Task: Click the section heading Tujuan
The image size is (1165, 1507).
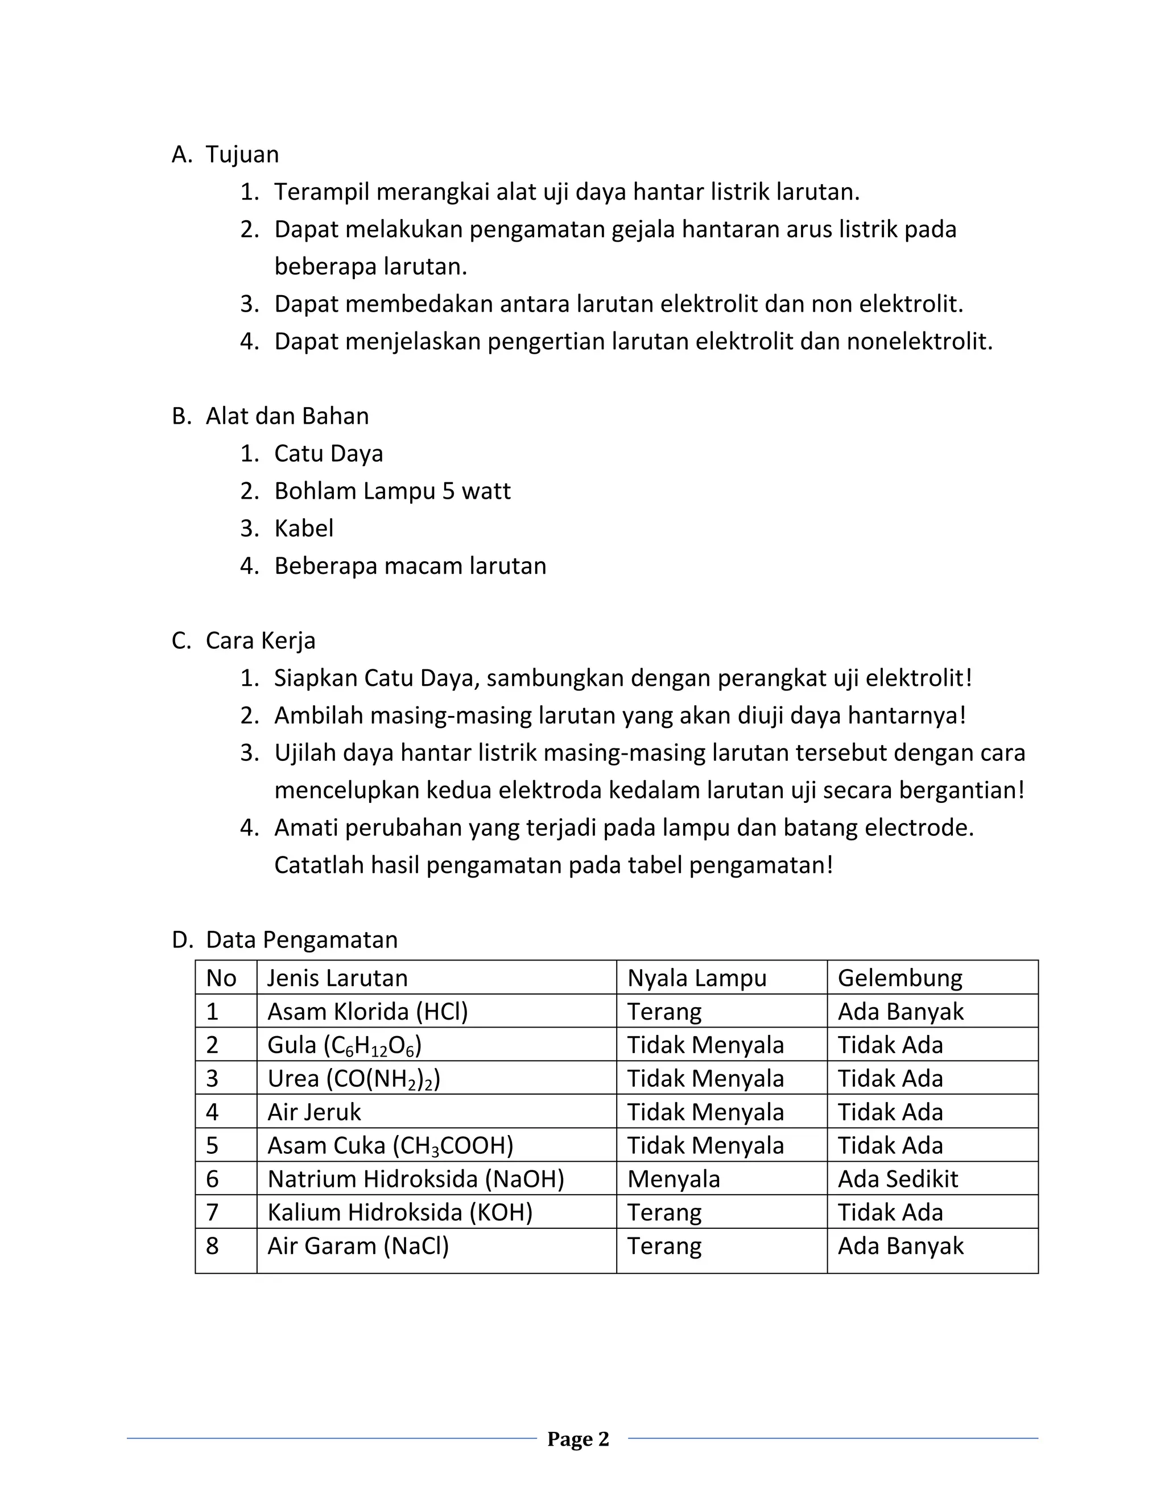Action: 242,155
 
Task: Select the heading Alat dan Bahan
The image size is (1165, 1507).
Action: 287,416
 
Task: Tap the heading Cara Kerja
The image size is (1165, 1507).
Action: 260,640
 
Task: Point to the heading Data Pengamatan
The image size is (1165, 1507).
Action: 301,940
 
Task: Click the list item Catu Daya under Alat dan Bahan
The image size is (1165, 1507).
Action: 329,453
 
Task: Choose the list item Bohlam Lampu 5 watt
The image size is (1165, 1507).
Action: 392,491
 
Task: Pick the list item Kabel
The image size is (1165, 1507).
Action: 304,528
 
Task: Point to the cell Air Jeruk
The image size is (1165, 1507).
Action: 314,1112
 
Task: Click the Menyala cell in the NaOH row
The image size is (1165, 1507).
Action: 674,1178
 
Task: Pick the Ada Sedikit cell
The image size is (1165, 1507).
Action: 898,1178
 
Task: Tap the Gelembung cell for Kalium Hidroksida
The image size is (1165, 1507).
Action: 890,1212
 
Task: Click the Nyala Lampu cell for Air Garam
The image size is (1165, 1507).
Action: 664,1245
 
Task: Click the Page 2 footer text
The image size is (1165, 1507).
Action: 579,1439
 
